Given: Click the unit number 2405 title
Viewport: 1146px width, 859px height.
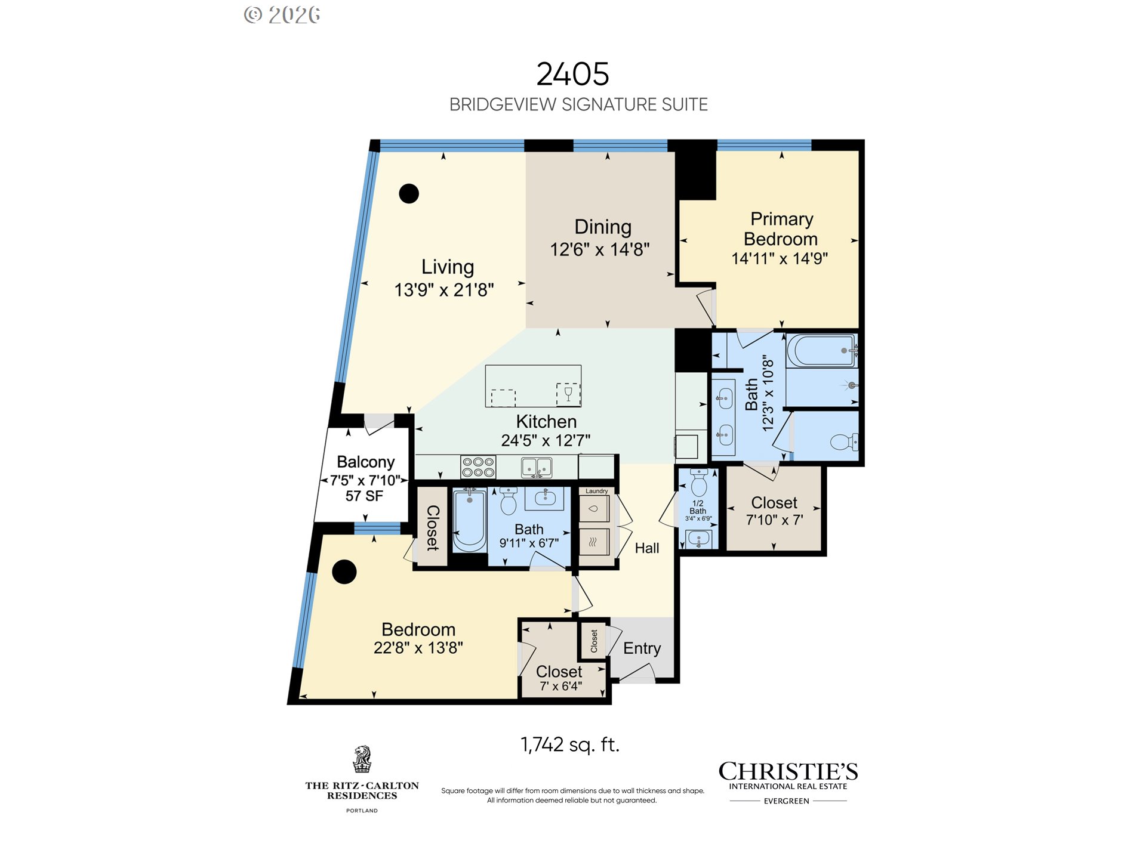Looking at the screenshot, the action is pos(572,74).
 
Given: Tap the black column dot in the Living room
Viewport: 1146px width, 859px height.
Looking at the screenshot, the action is pos(409,193).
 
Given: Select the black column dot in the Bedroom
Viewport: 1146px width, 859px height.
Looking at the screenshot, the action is pos(344,571).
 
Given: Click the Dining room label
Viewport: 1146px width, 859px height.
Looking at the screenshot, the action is pos(603,227).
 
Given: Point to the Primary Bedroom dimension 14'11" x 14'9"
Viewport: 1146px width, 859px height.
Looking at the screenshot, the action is pos(780,258).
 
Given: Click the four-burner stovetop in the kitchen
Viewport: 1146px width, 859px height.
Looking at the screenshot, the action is pos(478,467).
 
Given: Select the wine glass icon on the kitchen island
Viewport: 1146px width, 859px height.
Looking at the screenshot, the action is pos(568,394).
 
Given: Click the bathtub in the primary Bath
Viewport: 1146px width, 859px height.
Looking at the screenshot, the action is pos(822,351).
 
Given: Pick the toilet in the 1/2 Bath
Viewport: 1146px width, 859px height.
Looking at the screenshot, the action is pos(699,483).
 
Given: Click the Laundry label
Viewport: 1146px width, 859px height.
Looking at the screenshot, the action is pos(596,491).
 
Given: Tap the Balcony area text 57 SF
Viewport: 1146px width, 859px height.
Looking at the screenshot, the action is pos(364,496).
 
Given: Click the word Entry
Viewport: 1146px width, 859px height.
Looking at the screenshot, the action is pos(642,648).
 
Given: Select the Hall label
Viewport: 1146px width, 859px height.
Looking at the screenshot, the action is pos(647,548).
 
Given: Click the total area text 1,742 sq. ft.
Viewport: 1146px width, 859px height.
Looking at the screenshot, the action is pos(570,744).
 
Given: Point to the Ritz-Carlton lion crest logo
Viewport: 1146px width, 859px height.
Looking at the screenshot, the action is pos(362,759).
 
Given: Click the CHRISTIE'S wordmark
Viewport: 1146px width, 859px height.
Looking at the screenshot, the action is pos(788,771).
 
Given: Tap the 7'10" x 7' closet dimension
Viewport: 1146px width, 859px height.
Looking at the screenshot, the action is pos(774,520).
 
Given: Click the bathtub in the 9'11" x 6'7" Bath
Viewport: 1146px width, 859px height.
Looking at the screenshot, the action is pos(470,520).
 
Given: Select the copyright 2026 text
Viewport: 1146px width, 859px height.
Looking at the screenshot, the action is pos(282,15).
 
